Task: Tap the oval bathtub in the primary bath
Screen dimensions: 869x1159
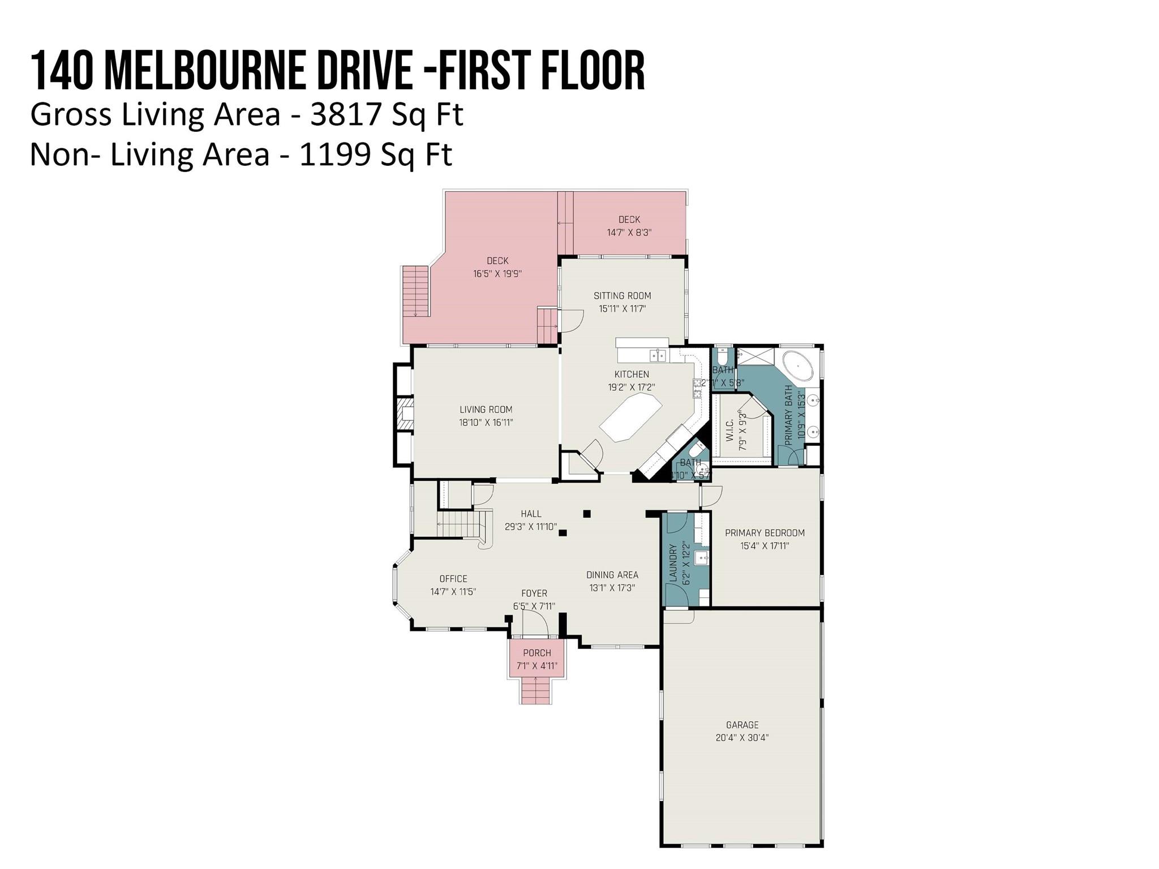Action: click(798, 367)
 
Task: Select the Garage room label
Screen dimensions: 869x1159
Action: click(742, 725)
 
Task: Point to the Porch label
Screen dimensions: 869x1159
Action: click(536, 653)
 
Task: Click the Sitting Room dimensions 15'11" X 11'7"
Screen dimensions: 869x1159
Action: click(622, 309)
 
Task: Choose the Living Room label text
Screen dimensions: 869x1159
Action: click(486, 410)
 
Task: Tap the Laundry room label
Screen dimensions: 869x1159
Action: click(673, 563)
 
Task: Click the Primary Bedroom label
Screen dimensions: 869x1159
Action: click(765, 533)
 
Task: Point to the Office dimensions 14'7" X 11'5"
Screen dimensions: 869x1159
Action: click(453, 592)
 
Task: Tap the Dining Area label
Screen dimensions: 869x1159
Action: click(612, 575)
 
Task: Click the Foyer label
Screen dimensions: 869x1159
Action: click(534, 593)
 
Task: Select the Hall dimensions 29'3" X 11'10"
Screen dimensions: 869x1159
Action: click(530, 527)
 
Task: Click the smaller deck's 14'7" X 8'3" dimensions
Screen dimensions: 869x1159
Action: click(629, 233)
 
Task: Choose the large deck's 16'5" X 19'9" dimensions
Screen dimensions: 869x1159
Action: click(497, 274)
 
